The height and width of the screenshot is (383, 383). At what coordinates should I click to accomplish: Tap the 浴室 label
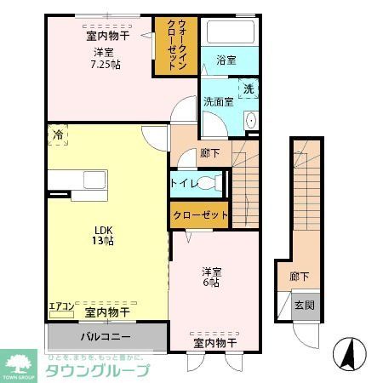click(226, 60)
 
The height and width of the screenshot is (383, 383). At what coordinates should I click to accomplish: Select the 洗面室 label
click(217, 102)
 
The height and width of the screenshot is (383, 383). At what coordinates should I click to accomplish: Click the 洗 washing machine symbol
click(249, 89)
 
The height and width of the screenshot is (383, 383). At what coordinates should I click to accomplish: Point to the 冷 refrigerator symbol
click(58, 134)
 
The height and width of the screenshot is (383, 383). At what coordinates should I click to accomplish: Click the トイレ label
click(186, 181)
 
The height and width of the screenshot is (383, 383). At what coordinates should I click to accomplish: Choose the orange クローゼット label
click(201, 215)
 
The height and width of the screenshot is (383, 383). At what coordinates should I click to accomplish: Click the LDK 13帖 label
click(103, 234)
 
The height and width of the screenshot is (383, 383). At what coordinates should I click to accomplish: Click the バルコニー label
click(106, 336)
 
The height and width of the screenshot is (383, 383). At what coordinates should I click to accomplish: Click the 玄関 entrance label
click(304, 305)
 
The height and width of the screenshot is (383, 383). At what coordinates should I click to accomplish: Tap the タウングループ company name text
click(97, 370)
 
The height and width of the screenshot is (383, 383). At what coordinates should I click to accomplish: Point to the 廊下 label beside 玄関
click(300, 276)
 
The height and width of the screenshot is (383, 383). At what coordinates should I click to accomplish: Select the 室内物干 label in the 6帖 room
click(214, 343)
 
